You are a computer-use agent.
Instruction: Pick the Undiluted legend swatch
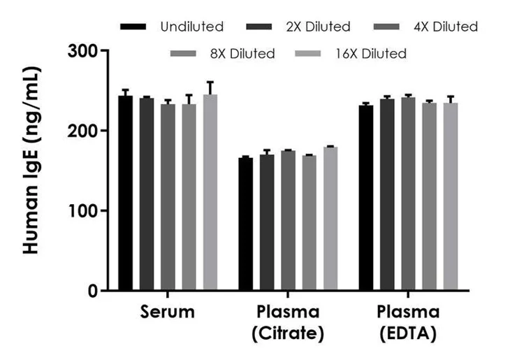click(134, 27)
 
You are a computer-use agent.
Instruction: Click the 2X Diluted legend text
click(318, 27)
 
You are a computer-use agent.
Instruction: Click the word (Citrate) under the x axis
click(288, 335)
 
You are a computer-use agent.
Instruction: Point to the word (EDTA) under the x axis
click(409, 335)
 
